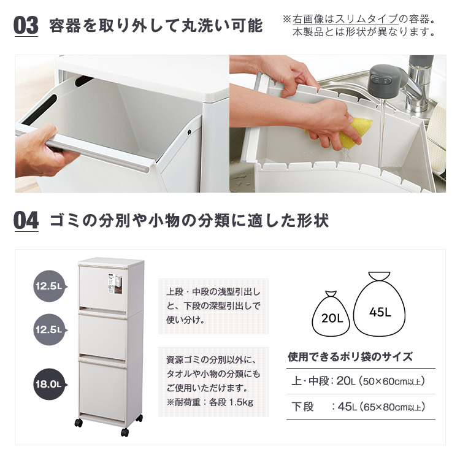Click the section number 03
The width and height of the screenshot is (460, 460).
pyautogui.click(x=26, y=25)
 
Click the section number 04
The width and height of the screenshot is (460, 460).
pyautogui.click(x=26, y=221)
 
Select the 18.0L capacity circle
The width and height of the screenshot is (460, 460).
pyautogui.click(x=49, y=384)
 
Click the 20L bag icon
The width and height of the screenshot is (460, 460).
pyautogui.click(x=331, y=314)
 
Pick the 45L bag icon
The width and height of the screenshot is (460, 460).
pyautogui.click(x=379, y=305)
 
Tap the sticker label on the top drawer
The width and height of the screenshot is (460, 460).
pyautogui.click(x=114, y=284)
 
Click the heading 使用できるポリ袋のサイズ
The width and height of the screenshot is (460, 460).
pyautogui.click(x=350, y=357)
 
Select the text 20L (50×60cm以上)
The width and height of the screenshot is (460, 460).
pyautogui.click(x=380, y=381)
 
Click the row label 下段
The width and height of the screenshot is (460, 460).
pyautogui.click(x=302, y=407)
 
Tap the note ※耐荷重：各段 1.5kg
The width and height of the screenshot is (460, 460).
pyautogui.click(x=210, y=402)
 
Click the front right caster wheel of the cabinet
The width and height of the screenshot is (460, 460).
pyautogui.click(x=125, y=432)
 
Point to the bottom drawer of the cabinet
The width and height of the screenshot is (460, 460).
pyautogui.click(x=102, y=388)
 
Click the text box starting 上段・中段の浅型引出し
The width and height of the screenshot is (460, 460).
pyautogui.click(x=213, y=306)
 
